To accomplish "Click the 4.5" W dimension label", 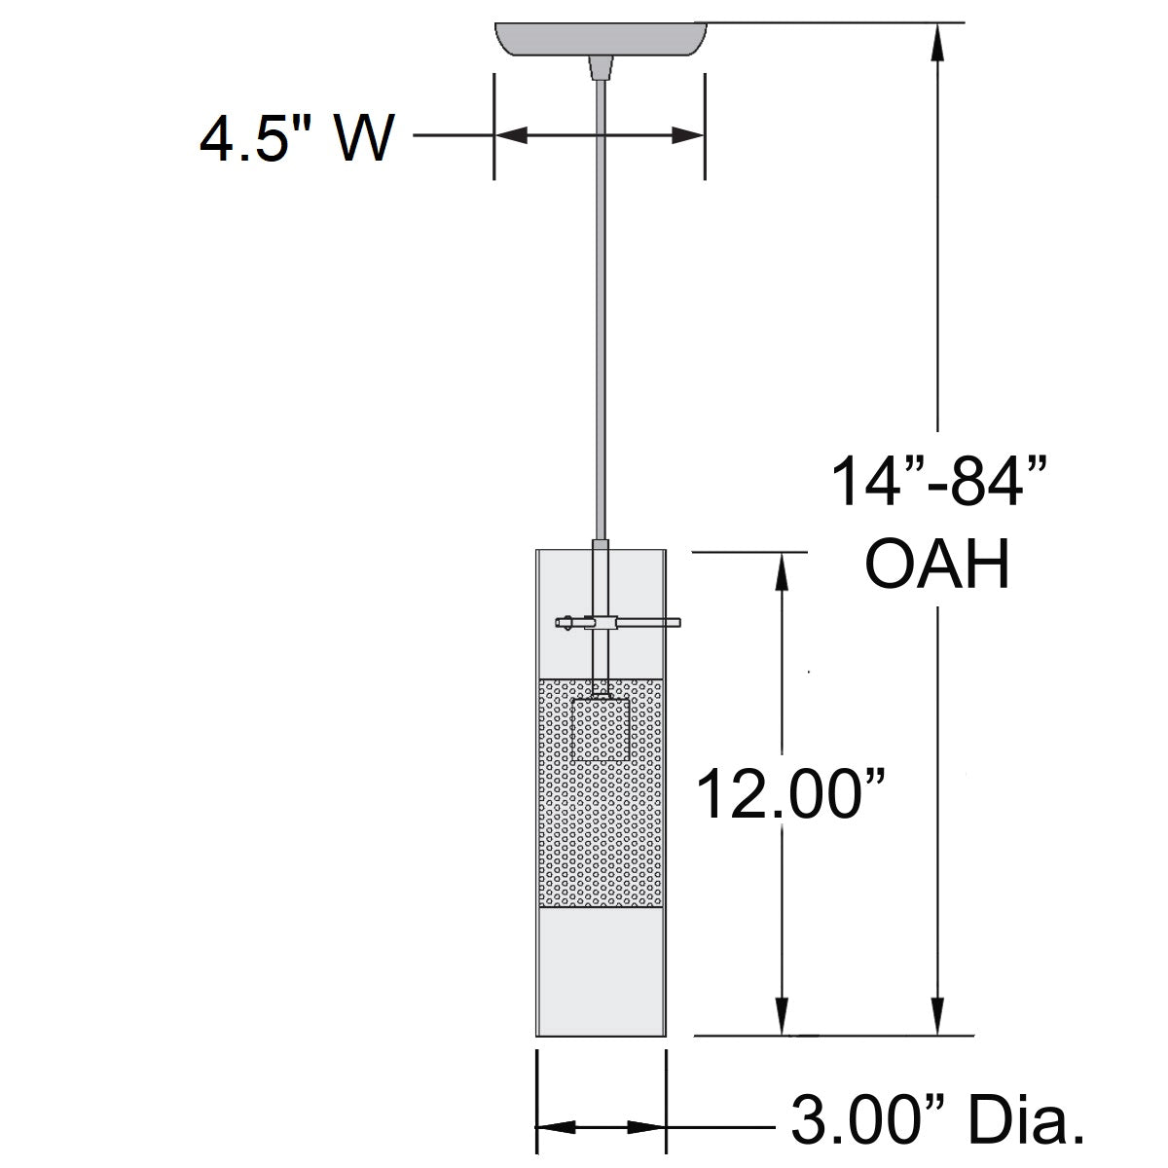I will [297, 139].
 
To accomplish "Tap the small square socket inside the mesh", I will [601, 729].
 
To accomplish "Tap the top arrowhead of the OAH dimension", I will [938, 39].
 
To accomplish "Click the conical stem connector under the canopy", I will [601, 68].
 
